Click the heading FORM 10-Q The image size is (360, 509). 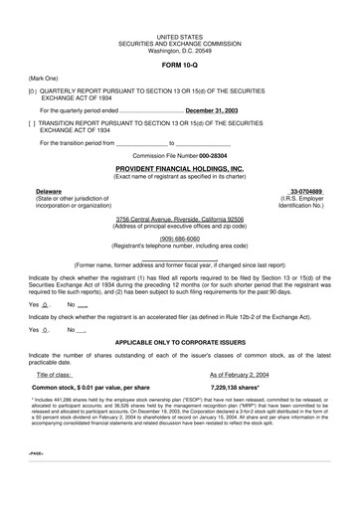click(x=179, y=63)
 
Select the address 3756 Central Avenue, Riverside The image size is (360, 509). click(x=179, y=218)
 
